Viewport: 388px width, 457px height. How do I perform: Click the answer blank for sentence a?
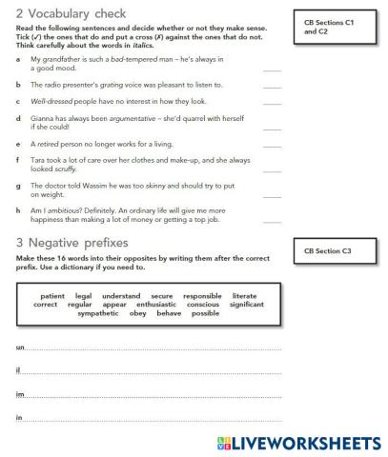[x=272, y=70]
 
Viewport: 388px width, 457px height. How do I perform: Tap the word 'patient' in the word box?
[x=53, y=296]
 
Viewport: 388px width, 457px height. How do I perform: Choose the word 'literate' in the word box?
[x=244, y=296]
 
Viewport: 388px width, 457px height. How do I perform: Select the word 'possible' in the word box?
[x=205, y=313]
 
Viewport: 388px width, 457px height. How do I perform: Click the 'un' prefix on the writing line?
[x=20, y=348]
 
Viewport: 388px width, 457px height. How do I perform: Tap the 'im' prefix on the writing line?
[x=20, y=394]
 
